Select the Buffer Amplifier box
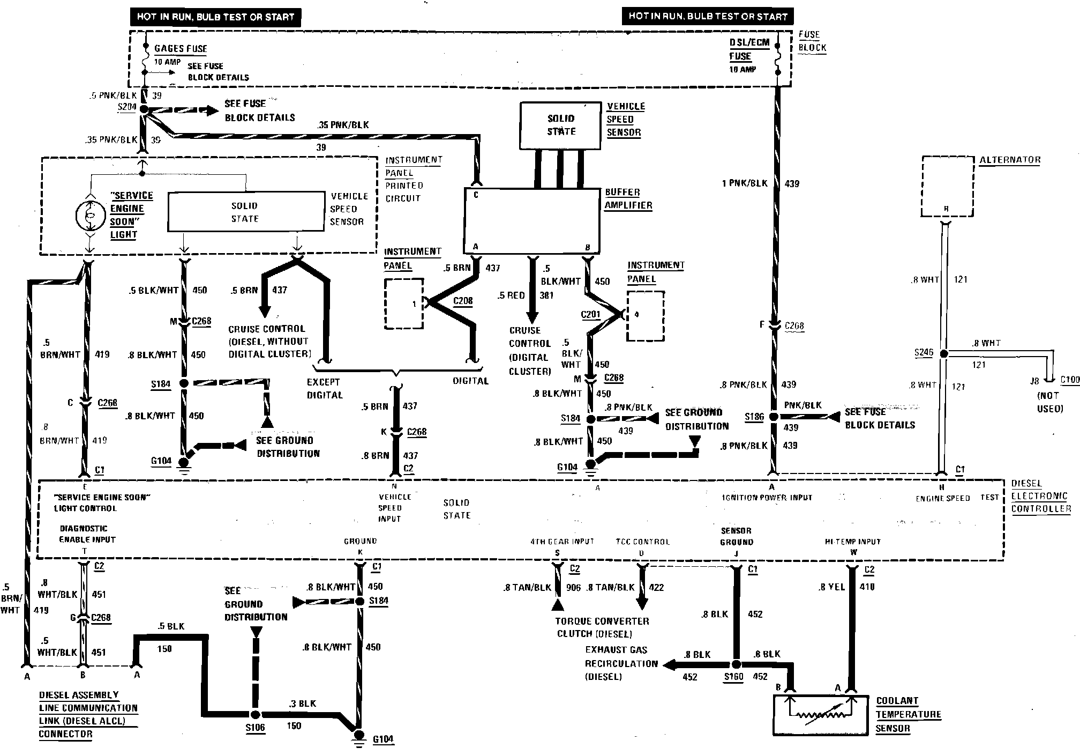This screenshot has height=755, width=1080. click(x=531, y=220)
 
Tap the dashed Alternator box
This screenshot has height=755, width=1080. click(x=947, y=186)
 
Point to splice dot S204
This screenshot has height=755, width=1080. click(x=144, y=109)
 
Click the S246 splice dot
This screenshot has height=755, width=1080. click(x=944, y=354)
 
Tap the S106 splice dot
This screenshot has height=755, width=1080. click(x=256, y=715)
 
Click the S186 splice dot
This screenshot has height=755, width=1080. click(x=773, y=417)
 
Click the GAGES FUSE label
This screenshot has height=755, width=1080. click(x=181, y=49)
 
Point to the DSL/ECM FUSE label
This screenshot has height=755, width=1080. click(x=748, y=49)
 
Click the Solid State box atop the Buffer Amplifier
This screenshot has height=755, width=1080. click(x=561, y=125)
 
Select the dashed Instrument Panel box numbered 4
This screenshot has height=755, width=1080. click(x=646, y=316)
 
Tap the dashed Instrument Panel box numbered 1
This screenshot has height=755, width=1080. click(x=404, y=304)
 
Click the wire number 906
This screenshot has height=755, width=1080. click(x=573, y=588)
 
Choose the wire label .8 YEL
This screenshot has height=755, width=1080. click(x=831, y=587)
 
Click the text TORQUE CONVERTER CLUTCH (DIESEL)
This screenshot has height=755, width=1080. click(x=602, y=627)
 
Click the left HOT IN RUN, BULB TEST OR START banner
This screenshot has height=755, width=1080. click(x=215, y=17)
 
